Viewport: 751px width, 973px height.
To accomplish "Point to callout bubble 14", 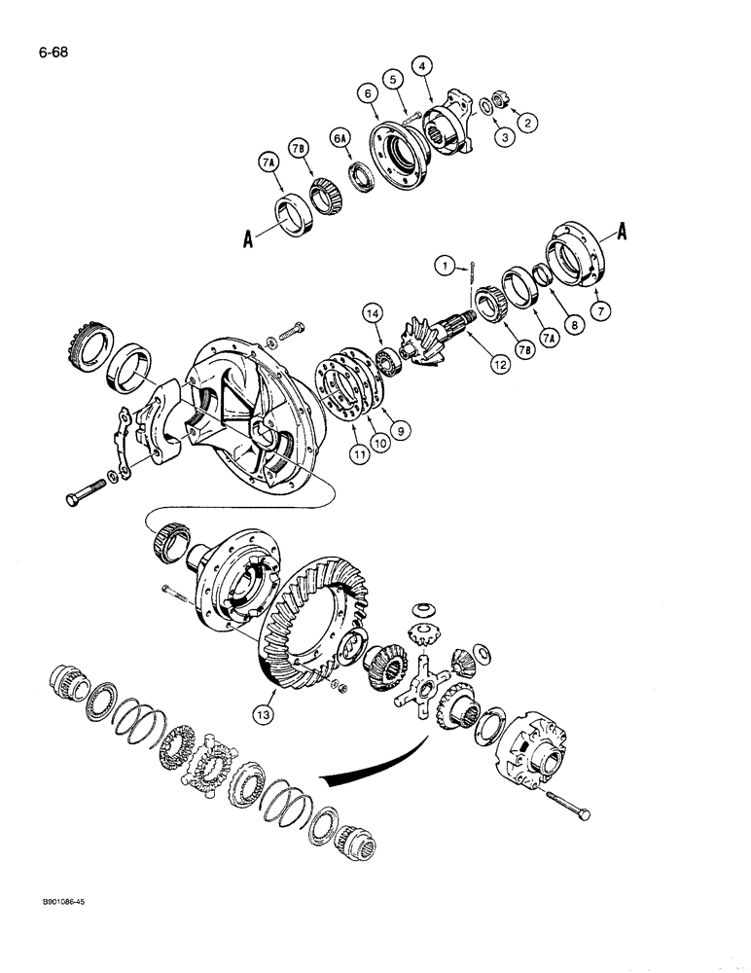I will pyautogui.click(x=374, y=313).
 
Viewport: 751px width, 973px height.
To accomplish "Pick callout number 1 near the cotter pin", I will pyautogui.click(x=442, y=264).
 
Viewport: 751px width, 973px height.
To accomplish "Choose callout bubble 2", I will pyautogui.click(x=527, y=123).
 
